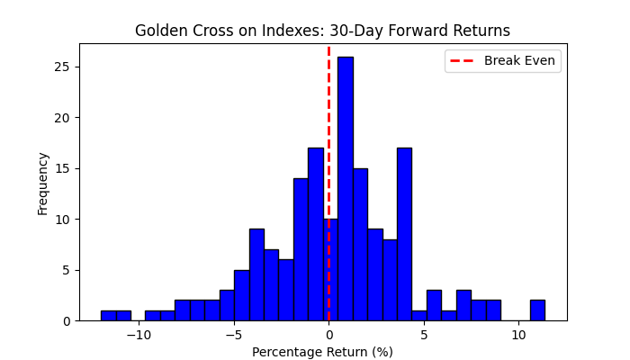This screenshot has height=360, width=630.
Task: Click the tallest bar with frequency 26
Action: tap(345, 189)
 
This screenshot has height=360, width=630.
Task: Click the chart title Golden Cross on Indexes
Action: tap(322, 31)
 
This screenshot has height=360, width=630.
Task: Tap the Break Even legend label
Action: tap(519, 60)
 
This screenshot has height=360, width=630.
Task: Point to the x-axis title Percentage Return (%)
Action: tap(322, 352)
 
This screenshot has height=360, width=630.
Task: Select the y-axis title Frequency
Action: tap(42, 183)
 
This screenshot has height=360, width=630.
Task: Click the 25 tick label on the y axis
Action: tap(65, 67)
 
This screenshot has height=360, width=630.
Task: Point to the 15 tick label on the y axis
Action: tap(65, 168)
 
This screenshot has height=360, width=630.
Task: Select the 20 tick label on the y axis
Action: tap(65, 118)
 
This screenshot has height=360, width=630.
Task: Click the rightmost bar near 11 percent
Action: tap(537, 310)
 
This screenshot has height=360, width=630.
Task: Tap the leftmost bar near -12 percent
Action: tap(108, 316)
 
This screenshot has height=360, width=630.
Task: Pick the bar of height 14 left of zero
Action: tap(301, 249)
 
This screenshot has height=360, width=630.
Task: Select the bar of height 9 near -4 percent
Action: tap(256, 274)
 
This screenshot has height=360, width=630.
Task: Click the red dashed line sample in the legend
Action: tap(463, 60)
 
